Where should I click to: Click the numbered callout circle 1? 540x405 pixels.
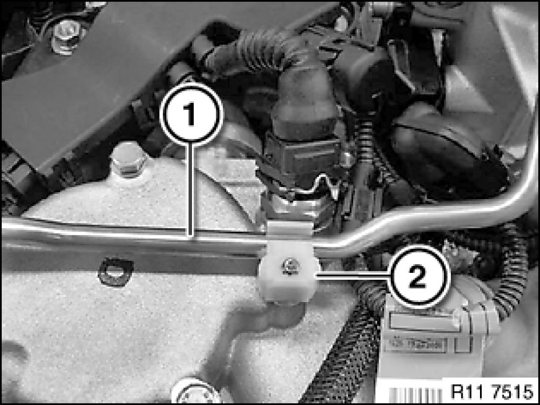tap(191, 113)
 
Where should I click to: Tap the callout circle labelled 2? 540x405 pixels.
tap(418, 277)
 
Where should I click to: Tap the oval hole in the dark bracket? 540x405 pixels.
tap(116, 272)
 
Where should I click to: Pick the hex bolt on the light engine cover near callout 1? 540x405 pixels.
tap(128, 161)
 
